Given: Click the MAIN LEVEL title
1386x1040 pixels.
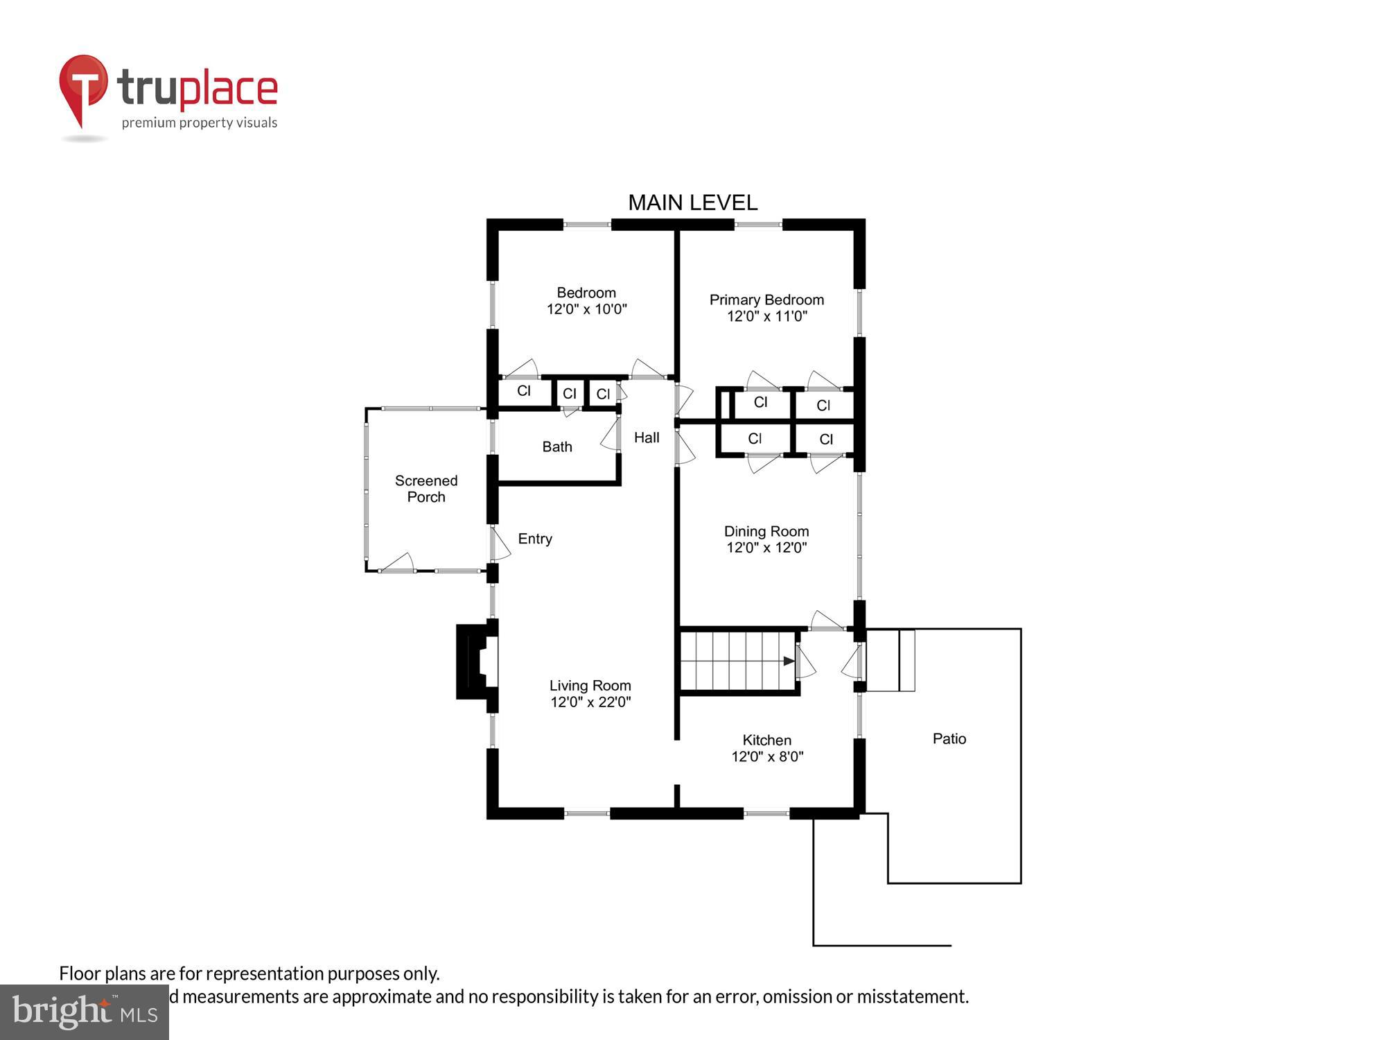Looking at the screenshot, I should (x=692, y=202).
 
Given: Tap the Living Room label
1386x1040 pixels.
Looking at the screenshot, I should (x=590, y=685).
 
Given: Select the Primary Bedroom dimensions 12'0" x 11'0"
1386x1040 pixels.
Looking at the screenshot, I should (x=766, y=316).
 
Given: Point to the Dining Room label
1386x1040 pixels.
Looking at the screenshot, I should (x=766, y=531).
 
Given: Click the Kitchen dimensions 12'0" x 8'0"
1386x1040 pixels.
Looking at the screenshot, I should (x=766, y=756).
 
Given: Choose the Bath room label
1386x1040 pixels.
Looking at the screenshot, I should (x=556, y=447).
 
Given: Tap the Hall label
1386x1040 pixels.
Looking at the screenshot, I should (x=646, y=437).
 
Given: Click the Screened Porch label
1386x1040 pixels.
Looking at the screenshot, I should (x=426, y=488).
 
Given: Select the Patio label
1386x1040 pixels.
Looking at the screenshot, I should (x=949, y=738).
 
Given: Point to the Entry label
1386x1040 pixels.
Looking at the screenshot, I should (x=534, y=539).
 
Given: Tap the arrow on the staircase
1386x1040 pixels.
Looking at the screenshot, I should (x=789, y=661).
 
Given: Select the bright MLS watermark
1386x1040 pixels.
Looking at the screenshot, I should (x=85, y=1012).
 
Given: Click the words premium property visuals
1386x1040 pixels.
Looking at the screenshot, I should (x=200, y=123).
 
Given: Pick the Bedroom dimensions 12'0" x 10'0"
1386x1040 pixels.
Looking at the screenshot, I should (x=586, y=309).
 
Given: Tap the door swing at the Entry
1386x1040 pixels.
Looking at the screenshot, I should (x=500, y=544).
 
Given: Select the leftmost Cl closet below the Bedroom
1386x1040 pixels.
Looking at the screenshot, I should (x=524, y=391).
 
